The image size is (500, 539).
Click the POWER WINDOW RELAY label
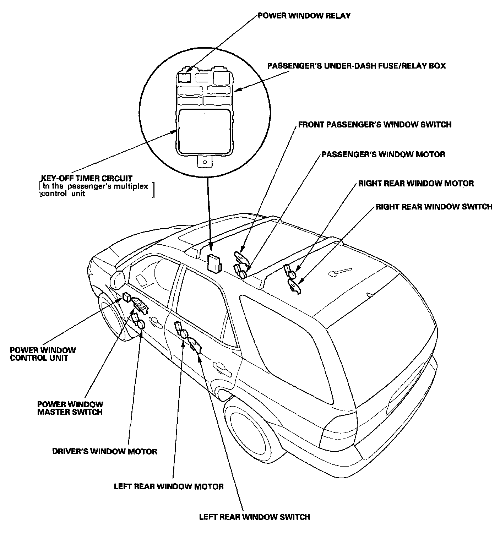[304, 16]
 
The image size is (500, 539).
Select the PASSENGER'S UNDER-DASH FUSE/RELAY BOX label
[356, 66]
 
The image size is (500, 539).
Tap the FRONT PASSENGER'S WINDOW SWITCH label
[375, 125]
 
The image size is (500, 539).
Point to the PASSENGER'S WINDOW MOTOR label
[383, 154]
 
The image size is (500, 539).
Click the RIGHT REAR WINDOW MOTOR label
[416, 184]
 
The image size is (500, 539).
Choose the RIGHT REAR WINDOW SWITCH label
[434, 207]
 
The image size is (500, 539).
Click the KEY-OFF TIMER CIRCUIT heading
[87, 178]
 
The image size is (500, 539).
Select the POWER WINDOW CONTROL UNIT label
[43, 354]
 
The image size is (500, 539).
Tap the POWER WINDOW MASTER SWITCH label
[70, 408]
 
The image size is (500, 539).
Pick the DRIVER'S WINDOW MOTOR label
[105, 451]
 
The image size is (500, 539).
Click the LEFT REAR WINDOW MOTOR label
[169, 486]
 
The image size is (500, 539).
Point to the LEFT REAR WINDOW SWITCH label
[255, 517]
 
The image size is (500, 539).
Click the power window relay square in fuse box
[184, 77]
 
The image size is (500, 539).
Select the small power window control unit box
[127, 296]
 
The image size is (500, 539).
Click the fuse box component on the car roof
[214, 263]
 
